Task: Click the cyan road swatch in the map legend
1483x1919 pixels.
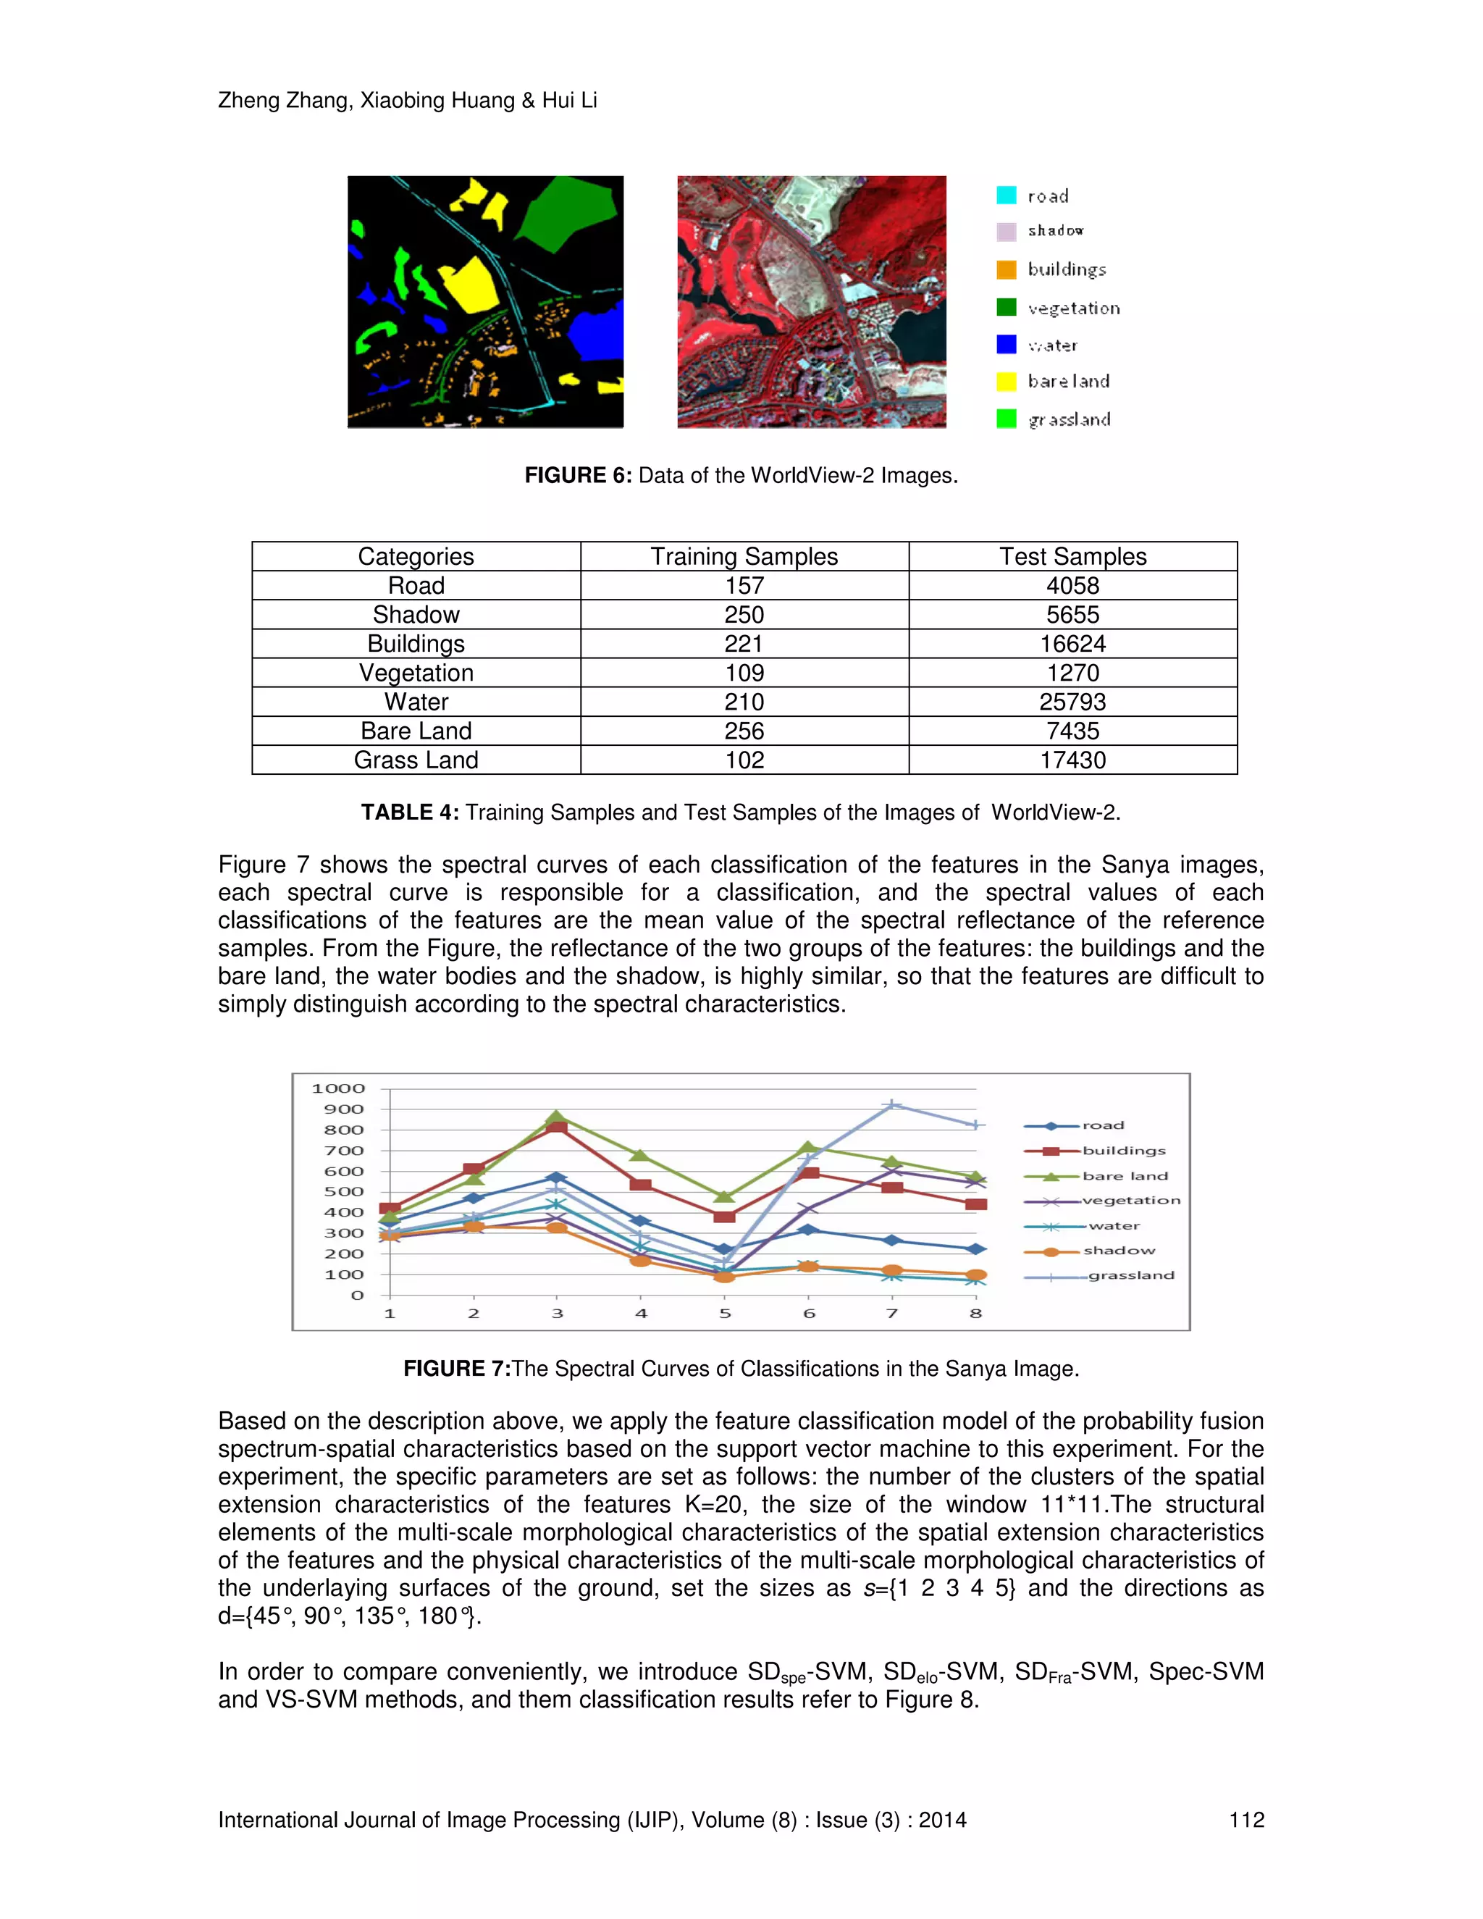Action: pos(1006,195)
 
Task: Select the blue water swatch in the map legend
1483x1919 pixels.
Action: pos(1006,345)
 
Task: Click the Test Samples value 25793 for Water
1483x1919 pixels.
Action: pos(1072,702)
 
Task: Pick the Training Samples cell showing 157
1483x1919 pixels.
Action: pos(744,586)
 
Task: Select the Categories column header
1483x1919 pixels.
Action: pos(416,557)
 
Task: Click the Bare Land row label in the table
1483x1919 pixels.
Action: pos(416,731)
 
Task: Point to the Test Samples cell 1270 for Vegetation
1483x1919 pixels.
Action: pos(1072,673)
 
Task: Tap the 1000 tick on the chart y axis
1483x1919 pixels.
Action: pos(338,1088)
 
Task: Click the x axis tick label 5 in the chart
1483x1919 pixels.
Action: pos(725,1314)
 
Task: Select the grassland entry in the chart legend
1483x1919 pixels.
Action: pos(1130,1275)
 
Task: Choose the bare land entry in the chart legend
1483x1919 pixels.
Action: pos(1125,1175)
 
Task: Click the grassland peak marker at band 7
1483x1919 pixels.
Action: pos(891,1105)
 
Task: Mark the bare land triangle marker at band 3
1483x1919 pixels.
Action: pos(556,1117)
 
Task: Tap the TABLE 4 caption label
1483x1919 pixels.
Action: pos(409,812)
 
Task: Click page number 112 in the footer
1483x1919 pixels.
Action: pos(1245,1820)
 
